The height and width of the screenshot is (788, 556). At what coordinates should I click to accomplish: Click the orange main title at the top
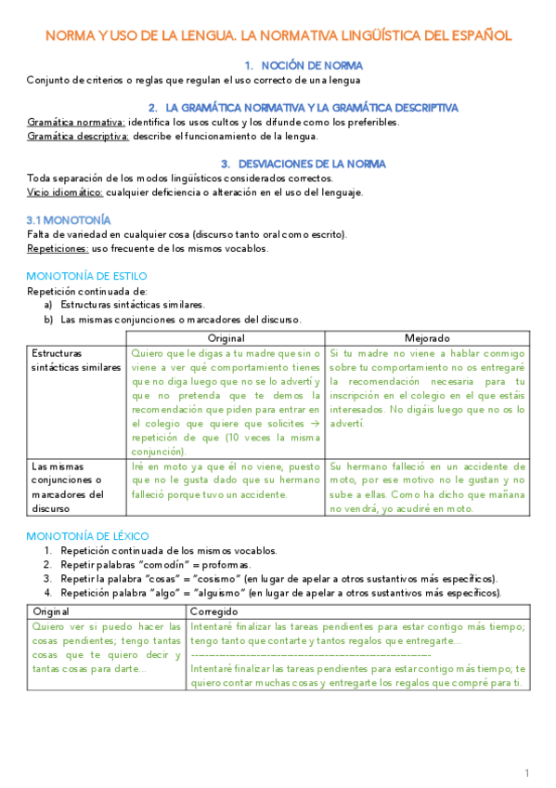[x=278, y=36]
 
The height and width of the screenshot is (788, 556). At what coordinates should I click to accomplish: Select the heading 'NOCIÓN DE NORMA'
[x=304, y=66]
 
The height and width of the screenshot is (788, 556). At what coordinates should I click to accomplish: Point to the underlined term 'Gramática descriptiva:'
[x=78, y=136]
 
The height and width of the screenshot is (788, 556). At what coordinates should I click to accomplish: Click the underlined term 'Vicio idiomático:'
[x=65, y=192]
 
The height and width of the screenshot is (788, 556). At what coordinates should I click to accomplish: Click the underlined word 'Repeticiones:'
[x=58, y=248]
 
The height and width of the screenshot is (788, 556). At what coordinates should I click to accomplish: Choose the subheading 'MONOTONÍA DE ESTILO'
[x=86, y=276]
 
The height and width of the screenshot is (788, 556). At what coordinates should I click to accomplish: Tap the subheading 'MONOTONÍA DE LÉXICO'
[x=88, y=536]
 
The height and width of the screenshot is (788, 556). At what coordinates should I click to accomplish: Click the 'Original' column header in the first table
[x=226, y=338]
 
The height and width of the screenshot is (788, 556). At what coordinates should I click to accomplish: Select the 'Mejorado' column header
[x=427, y=338]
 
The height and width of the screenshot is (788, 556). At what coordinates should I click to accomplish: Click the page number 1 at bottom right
[x=526, y=772]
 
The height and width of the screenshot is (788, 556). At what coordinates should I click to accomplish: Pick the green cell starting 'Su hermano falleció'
[x=427, y=487]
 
